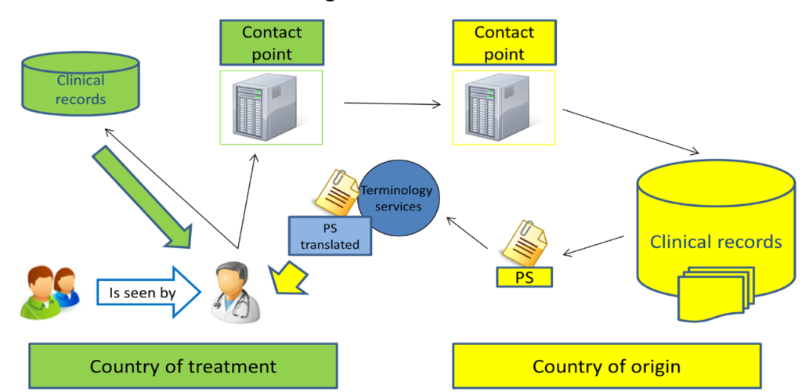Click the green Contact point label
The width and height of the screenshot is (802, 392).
(x=271, y=43)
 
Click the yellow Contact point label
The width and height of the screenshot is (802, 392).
(x=504, y=43)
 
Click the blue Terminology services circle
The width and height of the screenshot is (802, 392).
(x=402, y=199)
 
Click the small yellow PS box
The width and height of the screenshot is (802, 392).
(x=524, y=275)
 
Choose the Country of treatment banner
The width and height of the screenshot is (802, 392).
(x=183, y=365)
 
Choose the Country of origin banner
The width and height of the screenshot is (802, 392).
(x=605, y=365)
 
